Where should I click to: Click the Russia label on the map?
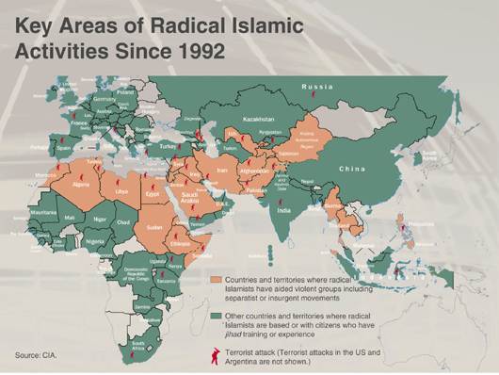coord(317,87)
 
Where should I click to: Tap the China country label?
coord(351,169)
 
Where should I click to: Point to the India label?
coord(283,210)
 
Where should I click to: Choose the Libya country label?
coord(121,191)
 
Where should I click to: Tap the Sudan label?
coord(154,227)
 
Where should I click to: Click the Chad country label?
coord(123,222)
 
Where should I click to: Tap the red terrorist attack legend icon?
coord(217,354)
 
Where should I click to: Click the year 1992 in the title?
coord(192,49)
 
